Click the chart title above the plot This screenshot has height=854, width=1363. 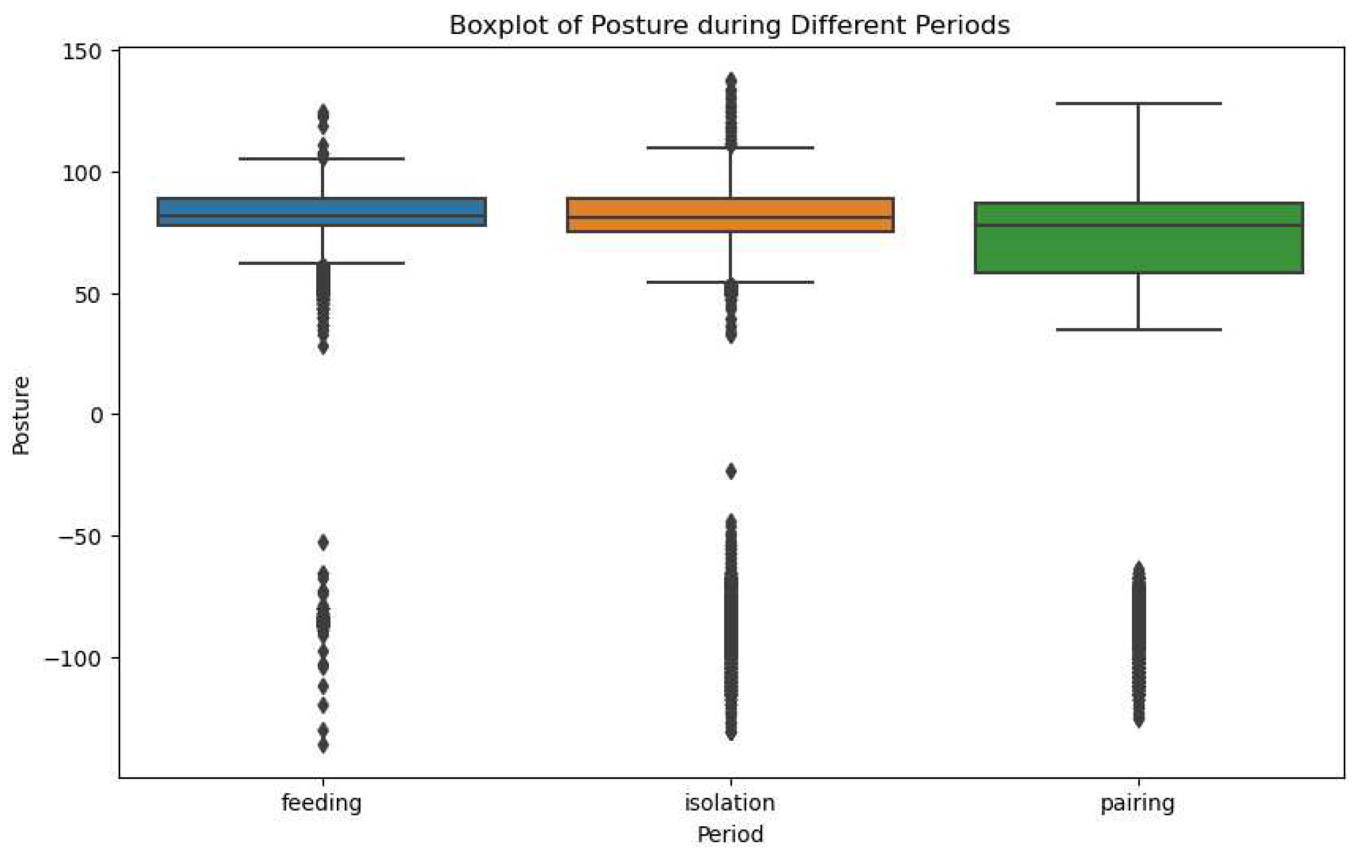click(x=729, y=25)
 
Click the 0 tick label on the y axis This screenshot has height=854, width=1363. click(x=97, y=415)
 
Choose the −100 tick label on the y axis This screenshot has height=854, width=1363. click(x=73, y=658)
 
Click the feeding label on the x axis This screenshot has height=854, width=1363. click(x=321, y=803)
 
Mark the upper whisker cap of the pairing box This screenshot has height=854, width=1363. click(x=1138, y=103)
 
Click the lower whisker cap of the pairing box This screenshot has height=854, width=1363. click(x=1138, y=329)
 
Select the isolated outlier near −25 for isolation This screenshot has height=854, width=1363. click(x=731, y=471)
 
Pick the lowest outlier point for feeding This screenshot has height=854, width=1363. click(x=323, y=746)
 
